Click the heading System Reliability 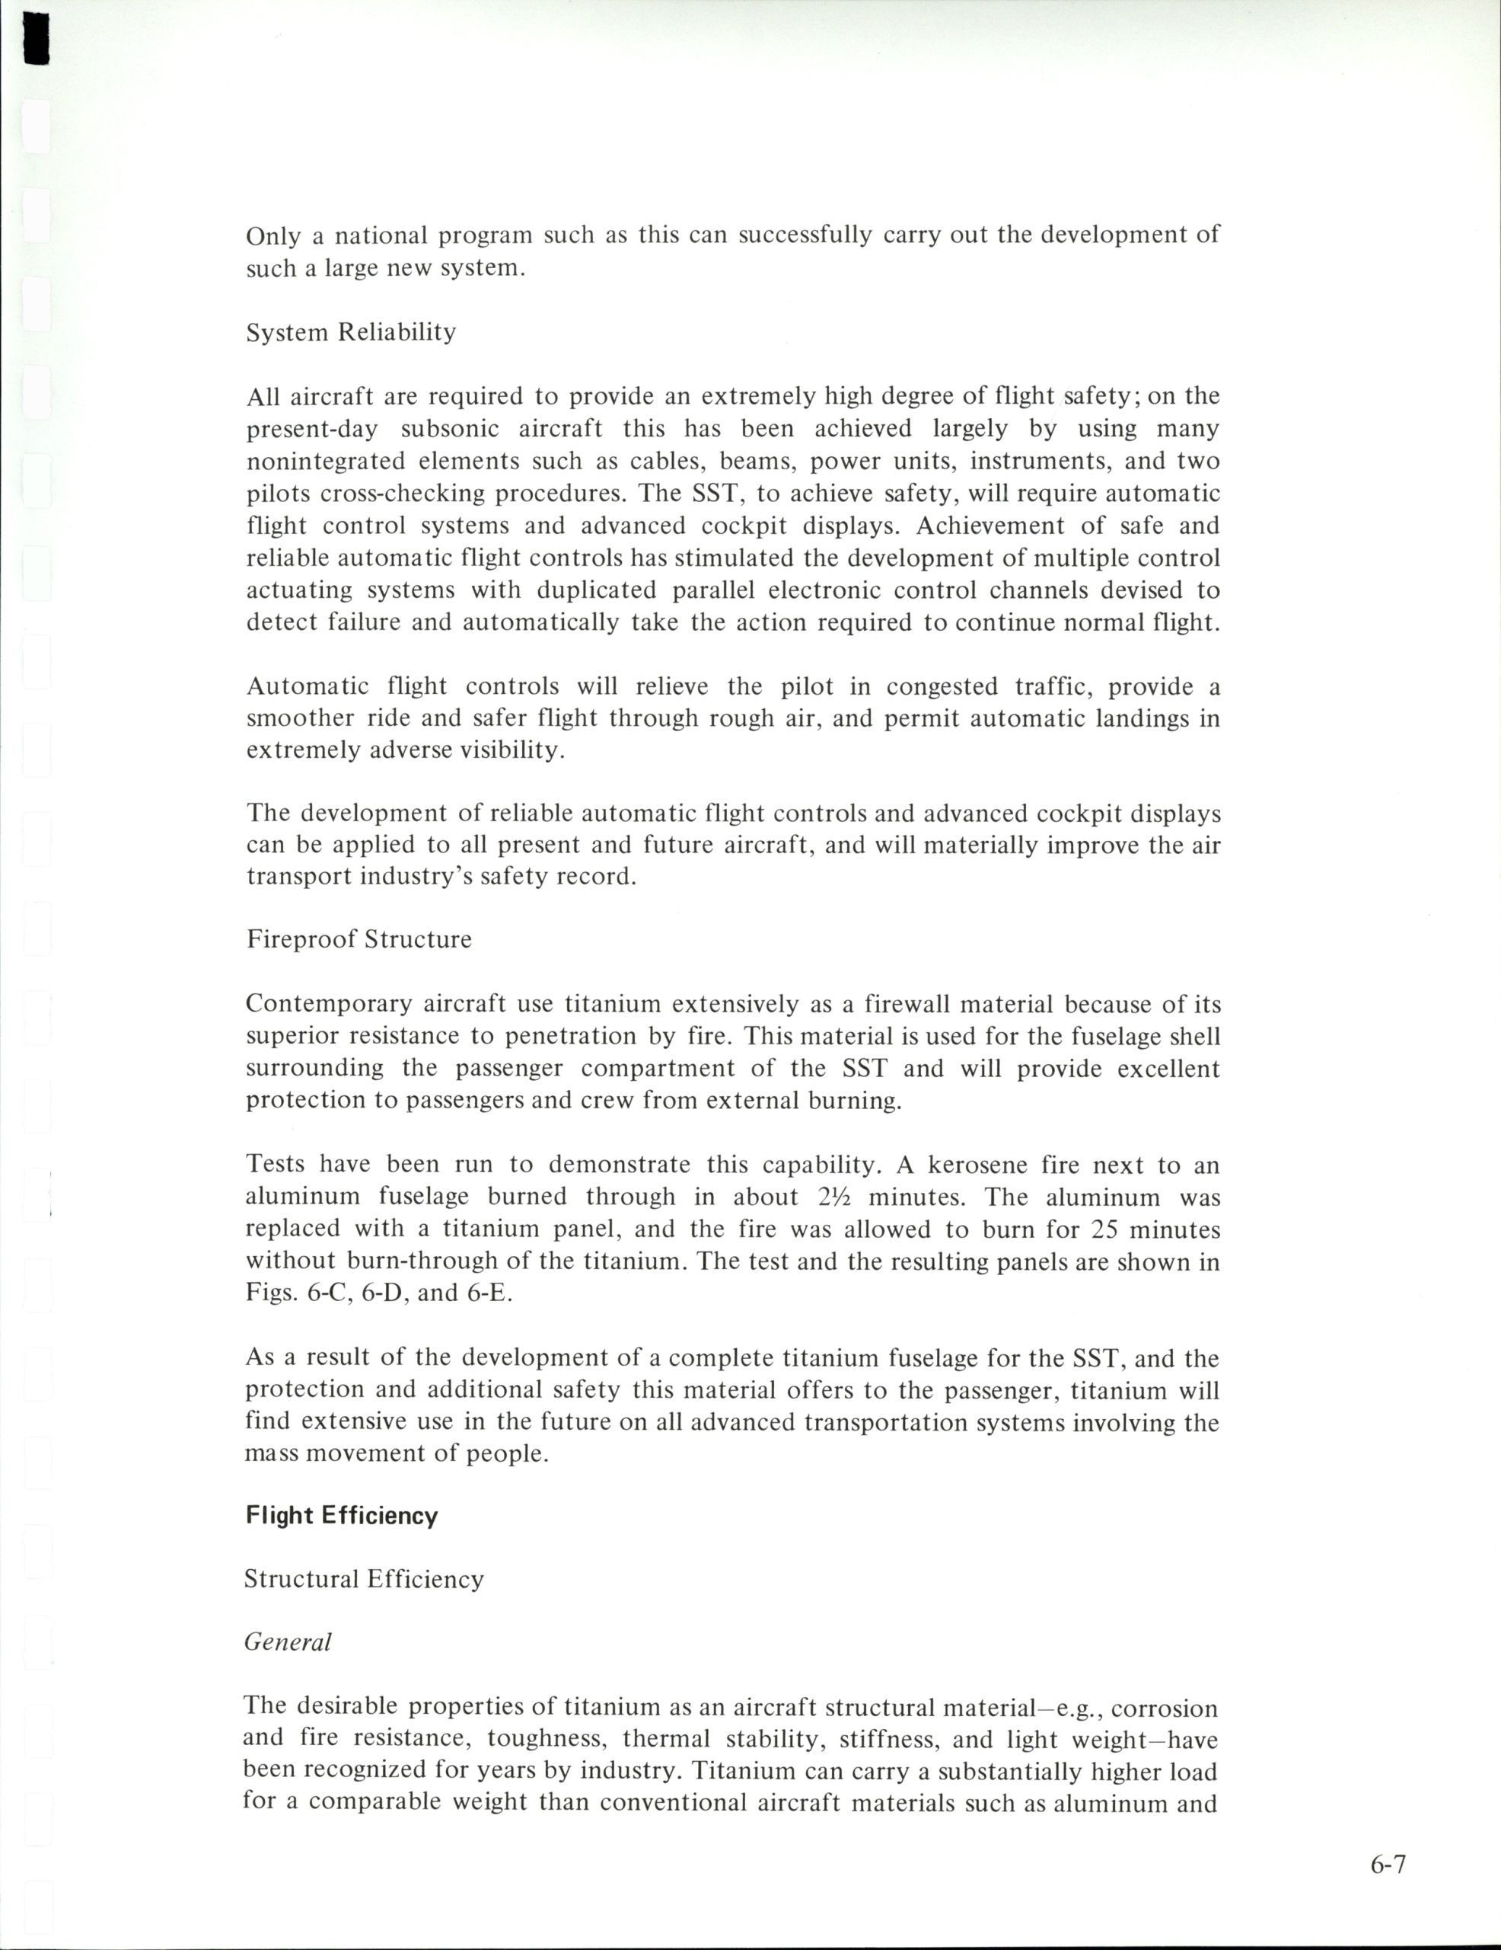pyautogui.click(x=351, y=333)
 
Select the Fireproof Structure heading pyautogui.click(x=359, y=939)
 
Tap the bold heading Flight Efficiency pyautogui.click(x=342, y=1515)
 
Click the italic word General pyautogui.click(x=288, y=1642)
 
